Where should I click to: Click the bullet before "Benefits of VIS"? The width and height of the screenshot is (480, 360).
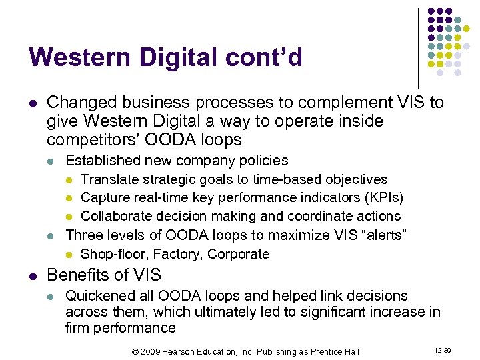[33, 275]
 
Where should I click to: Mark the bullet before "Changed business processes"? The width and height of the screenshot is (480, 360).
[33, 103]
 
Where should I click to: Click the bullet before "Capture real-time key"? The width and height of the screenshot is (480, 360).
[69, 199]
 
